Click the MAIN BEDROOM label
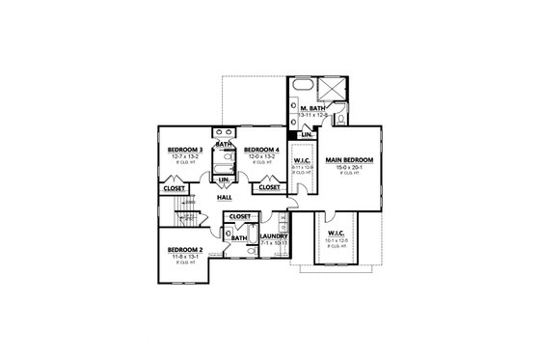tap(347, 159)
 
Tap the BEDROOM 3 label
tap(185, 150)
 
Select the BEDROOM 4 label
tap(261, 150)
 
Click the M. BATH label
tap(311, 108)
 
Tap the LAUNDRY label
tap(276, 235)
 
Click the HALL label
tap(224, 197)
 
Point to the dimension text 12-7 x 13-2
tap(185, 157)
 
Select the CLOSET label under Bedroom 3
tap(175, 188)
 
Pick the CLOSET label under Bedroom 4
tap(269, 188)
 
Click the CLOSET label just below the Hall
tap(240, 216)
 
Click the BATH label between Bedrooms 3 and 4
tap(223, 145)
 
